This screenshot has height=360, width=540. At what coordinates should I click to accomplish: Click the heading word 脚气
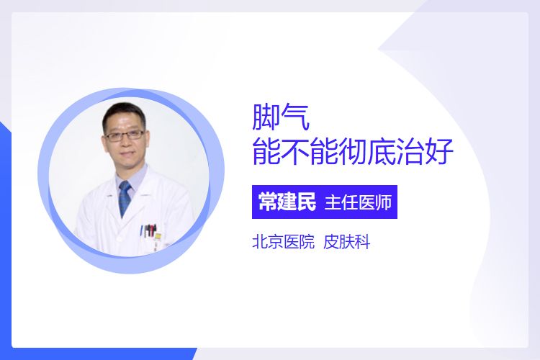(x=281, y=117)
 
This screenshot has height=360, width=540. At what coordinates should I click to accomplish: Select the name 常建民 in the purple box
(x=287, y=202)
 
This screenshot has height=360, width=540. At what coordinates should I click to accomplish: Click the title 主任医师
(x=358, y=202)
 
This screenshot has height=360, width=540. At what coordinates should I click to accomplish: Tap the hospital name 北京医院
(x=284, y=242)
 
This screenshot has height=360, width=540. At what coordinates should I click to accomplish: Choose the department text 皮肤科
(x=347, y=242)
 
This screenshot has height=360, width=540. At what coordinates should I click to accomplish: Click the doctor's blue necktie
(x=125, y=199)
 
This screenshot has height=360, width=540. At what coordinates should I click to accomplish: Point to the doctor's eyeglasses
(x=125, y=135)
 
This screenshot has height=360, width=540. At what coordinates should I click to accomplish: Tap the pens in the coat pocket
(x=148, y=231)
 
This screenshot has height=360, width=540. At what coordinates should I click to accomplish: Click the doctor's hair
(x=123, y=114)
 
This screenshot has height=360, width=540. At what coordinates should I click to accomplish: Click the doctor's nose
(x=127, y=143)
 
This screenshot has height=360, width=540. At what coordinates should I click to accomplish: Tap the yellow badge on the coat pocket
(x=158, y=236)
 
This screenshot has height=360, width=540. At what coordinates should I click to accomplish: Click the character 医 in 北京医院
(x=291, y=242)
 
